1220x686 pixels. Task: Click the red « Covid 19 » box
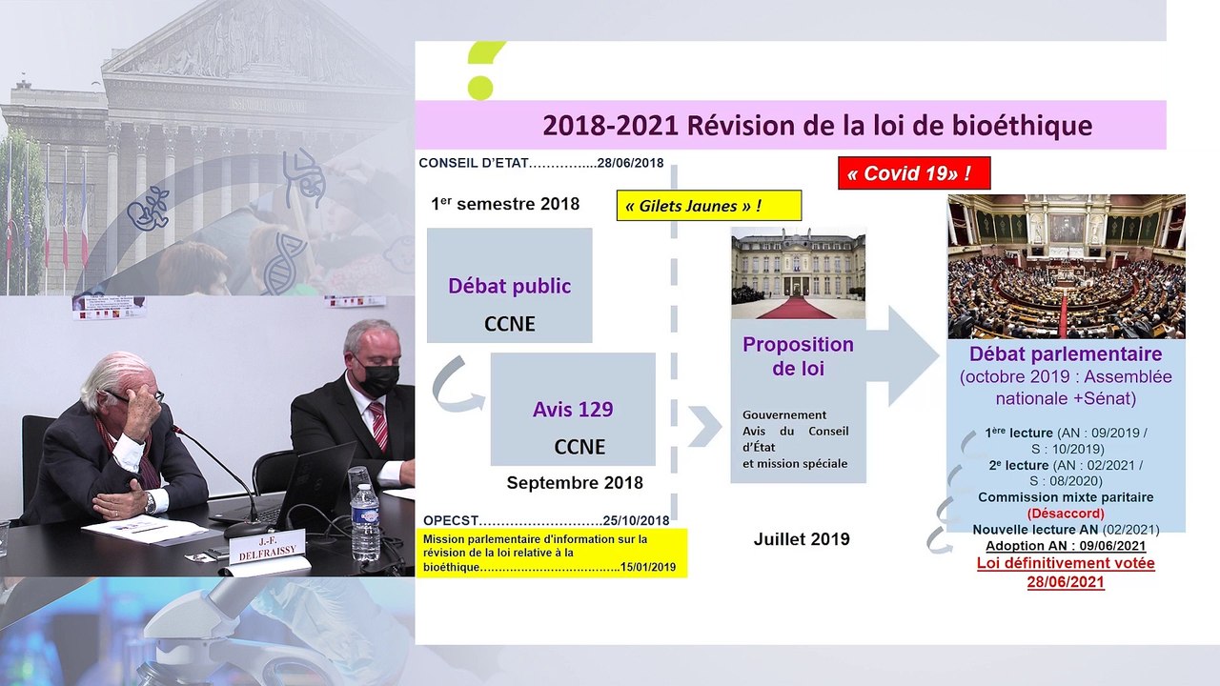pos(914,173)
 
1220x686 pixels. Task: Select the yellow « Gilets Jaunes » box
pos(708,206)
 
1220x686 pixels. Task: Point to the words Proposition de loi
pos(798,355)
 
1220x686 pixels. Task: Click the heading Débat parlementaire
pos(1066,354)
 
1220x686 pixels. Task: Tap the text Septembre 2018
pos(575,483)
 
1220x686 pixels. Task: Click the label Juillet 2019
pos(802,539)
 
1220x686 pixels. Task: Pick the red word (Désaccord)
pos(1066,514)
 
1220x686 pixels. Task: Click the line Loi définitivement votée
pos(1066,563)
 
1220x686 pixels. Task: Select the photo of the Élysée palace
pos(798,273)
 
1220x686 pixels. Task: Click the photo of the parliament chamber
pos(1066,267)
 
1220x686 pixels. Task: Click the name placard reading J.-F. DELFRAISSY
pos(254,548)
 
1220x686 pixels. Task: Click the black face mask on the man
pos(379,379)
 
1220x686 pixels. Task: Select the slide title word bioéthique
pos(1017,126)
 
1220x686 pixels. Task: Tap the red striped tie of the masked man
pos(378,424)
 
